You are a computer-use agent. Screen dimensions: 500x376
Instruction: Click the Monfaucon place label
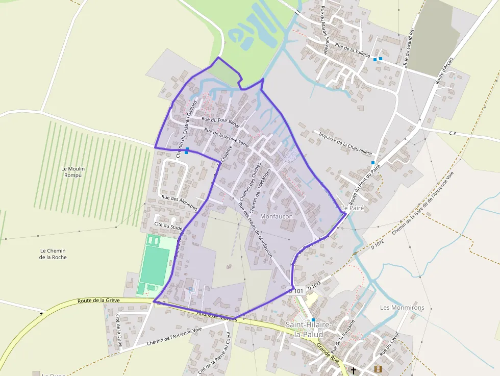click(277, 217)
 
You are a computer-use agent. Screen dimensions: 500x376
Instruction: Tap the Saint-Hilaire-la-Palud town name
click(309, 330)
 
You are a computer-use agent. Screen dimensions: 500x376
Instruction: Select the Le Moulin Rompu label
click(73, 172)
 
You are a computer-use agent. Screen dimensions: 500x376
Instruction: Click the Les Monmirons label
click(402, 308)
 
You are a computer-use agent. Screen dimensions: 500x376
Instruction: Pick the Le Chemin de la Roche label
click(53, 254)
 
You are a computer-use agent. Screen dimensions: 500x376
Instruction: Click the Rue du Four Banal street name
click(220, 121)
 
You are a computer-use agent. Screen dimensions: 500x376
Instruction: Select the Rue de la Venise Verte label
click(226, 138)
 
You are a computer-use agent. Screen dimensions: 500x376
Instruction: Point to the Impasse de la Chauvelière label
click(345, 144)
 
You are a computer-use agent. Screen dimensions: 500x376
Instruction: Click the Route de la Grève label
click(98, 300)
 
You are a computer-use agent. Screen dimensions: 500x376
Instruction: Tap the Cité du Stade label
click(169, 225)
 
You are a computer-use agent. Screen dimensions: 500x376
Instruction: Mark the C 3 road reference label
click(452, 133)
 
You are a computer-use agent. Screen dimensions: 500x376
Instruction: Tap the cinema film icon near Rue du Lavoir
click(378, 369)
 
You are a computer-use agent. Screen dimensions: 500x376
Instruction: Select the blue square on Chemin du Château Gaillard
click(187, 150)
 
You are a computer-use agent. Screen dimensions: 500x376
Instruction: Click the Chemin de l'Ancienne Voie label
click(174, 337)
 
